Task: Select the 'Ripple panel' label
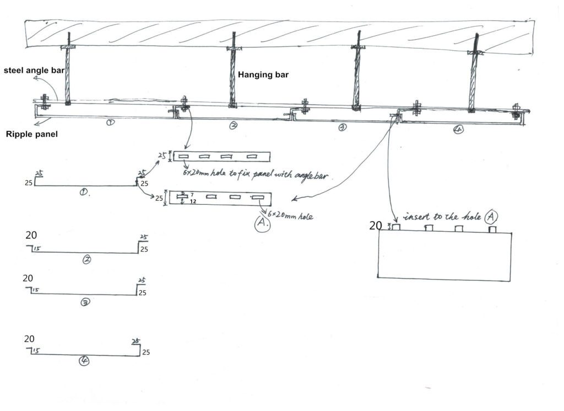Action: tap(31, 134)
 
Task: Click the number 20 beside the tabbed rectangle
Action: tap(376, 226)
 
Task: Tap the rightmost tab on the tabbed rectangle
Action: tap(492, 229)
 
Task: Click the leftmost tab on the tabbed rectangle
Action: tap(395, 228)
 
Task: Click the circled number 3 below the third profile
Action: tap(85, 302)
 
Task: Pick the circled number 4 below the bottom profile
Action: tap(84, 361)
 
